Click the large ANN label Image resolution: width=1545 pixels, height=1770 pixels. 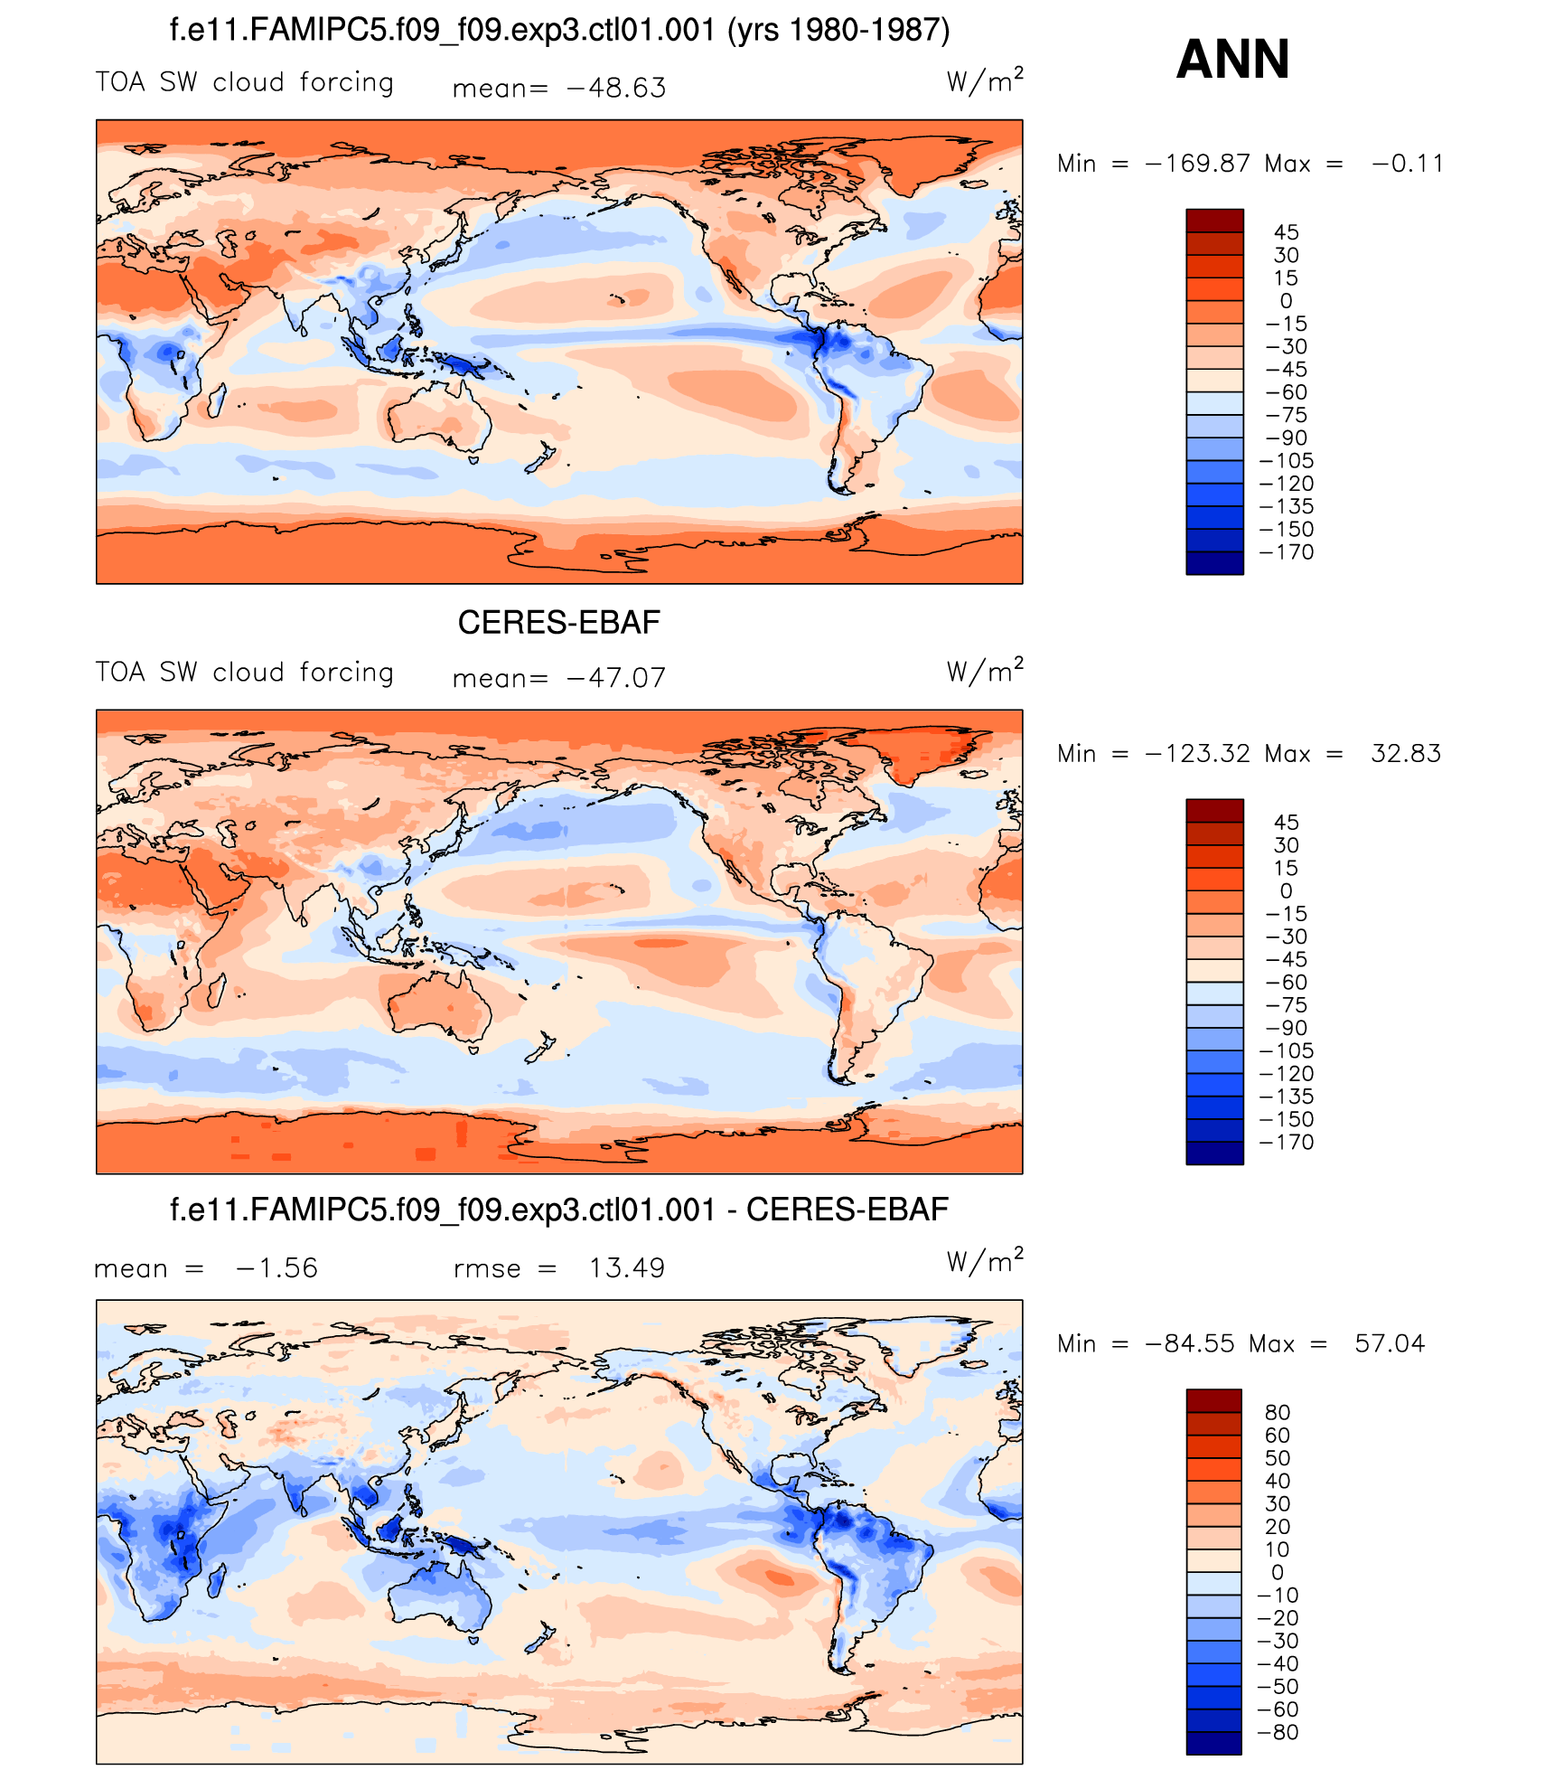pyautogui.click(x=1232, y=60)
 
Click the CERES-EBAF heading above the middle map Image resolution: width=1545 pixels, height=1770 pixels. pyautogui.click(x=559, y=623)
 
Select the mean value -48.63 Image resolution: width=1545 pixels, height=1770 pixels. pyautogui.click(x=616, y=89)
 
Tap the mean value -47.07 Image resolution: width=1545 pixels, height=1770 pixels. pyautogui.click(x=616, y=678)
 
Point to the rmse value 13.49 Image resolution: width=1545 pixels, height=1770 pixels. pyautogui.click(x=627, y=1268)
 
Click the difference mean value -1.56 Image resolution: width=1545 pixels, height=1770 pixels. pyautogui.click(x=276, y=1268)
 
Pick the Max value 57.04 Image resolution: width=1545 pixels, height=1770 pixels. pyautogui.click(x=1390, y=1344)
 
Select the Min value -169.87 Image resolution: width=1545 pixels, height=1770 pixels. pyautogui.click(x=1198, y=165)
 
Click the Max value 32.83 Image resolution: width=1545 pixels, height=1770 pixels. pyautogui.click(x=1406, y=754)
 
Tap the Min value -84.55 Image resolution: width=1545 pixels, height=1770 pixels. pyautogui.click(x=1190, y=1344)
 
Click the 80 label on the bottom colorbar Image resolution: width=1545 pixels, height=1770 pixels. pyautogui.click(x=1278, y=1413)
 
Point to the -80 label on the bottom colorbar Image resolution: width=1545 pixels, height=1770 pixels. pyautogui.click(x=1278, y=1733)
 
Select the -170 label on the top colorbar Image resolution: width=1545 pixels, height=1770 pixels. pyautogui.click(x=1287, y=552)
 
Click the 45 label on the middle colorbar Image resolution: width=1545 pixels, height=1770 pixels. pyautogui.click(x=1287, y=823)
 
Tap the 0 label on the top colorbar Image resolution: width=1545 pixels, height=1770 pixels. pyautogui.click(x=1287, y=301)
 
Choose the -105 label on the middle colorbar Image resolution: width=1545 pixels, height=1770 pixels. pyautogui.click(x=1287, y=1051)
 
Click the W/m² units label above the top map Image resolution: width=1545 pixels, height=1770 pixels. pyautogui.click(x=985, y=81)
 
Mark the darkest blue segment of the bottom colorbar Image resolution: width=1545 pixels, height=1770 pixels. pyautogui.click(x=1214, y=1743)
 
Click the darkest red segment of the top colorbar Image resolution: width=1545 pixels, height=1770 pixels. pyautogui.click(x=1214, y=221)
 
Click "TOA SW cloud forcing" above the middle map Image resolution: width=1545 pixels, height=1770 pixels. pyautogui.click(x=245, y=673)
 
